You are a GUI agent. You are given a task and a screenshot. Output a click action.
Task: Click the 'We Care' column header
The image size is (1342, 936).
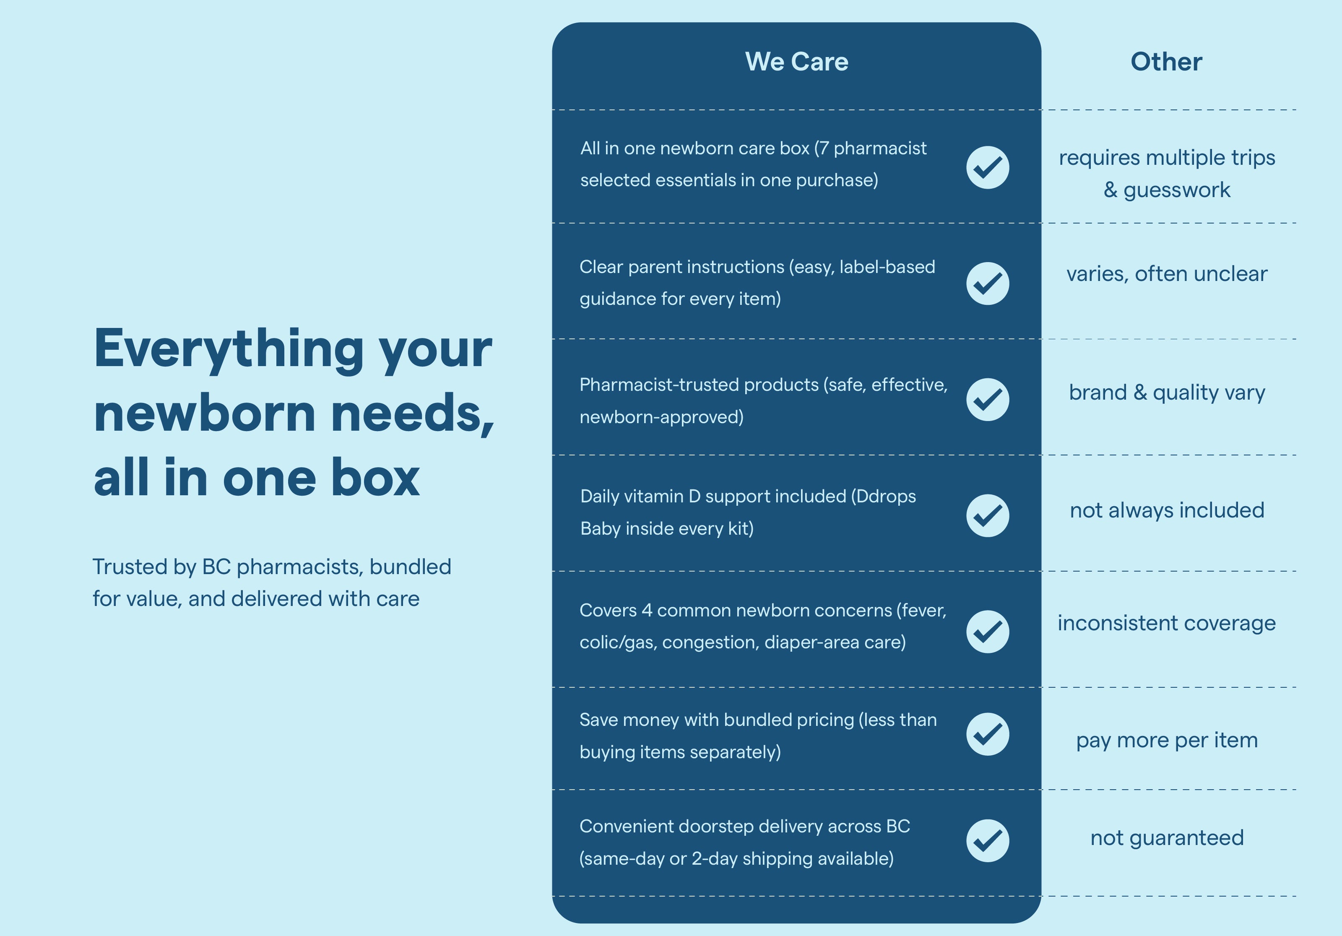click(x=797, y=61)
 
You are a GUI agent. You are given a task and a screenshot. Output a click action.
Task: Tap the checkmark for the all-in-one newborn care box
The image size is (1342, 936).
click(x=988, y=167)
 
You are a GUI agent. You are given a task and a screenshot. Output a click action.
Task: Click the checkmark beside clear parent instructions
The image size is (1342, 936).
click(x=988, y=283)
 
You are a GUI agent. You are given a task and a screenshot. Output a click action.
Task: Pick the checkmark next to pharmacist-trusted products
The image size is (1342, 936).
click(x=988, y=399)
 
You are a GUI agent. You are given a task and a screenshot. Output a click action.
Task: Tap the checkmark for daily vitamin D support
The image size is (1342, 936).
click(x=988, y=515)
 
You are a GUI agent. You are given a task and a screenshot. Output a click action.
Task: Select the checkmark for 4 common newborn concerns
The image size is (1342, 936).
click(x=988, y=632)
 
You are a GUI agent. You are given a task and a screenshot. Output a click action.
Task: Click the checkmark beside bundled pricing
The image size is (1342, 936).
click(x=988, y=734)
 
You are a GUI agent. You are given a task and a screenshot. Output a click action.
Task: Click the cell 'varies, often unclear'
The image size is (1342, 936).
click(x=1167, y=273)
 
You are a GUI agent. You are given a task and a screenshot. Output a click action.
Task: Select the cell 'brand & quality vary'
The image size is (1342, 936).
click(x=1167, y=392)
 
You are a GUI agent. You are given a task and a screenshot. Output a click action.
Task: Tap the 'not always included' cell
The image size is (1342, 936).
click(x=1167, y=510)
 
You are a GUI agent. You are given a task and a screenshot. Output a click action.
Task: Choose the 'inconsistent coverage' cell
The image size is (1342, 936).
click(x=1167, y=623)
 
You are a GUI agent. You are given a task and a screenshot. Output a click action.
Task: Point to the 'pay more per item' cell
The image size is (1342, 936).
click(x=1167, y=740)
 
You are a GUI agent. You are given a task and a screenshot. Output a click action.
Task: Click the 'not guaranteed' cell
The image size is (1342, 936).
click(x=1167, y=838)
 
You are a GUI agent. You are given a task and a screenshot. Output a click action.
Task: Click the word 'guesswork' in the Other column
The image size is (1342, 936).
click(x=1177, y=190)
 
